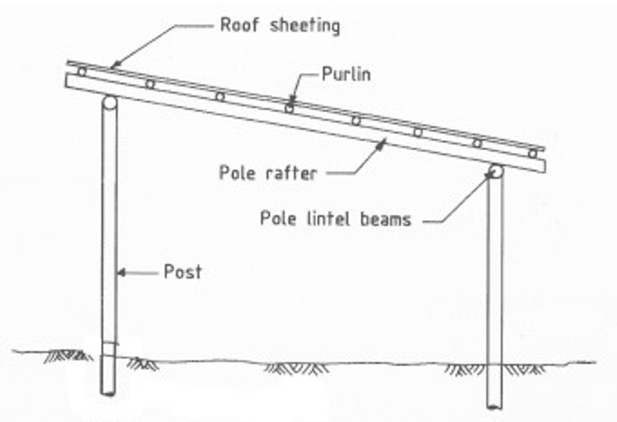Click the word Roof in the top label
tap(239, 25)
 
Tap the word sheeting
tap(305, 26)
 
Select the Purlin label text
tap(346, 74)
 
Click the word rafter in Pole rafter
tap(291, 173)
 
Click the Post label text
tap(182, 271)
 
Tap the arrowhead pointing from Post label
tap(121, 272)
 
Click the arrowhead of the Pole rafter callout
tap(381, 144)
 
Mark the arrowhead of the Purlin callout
tap(292, 100)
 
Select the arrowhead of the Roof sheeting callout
tap(115, 65)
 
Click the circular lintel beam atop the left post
tap(109, 103)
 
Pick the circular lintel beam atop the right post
tap(496, 172)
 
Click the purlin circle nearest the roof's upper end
tap(81, 72)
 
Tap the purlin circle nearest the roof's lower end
tap(532, 154)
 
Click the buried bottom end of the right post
tap(494, 406)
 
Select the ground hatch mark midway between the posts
tap(297, 368)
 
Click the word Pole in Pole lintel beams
tap(278, 218)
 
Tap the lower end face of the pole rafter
tap(544, 166)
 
